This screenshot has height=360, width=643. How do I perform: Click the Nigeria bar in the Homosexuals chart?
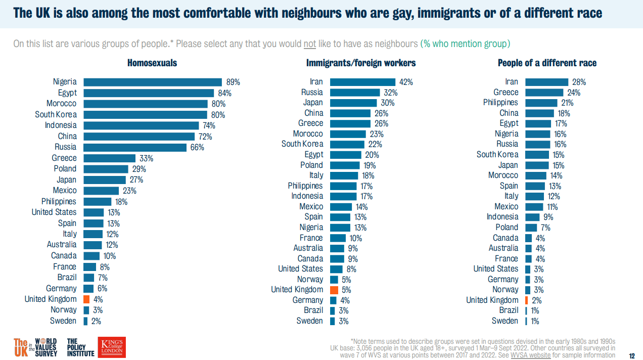152,82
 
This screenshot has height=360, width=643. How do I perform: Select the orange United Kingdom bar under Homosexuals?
86,299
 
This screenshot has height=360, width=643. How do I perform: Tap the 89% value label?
233,82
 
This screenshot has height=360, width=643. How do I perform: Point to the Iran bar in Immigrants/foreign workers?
362,82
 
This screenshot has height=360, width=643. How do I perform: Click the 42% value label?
406,82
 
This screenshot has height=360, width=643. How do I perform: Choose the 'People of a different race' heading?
547,63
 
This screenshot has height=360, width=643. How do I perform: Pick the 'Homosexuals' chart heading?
152,63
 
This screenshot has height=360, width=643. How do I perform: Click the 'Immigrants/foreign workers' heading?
361,63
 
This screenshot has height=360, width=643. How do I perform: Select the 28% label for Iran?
579,82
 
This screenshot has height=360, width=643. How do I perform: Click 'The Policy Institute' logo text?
80,347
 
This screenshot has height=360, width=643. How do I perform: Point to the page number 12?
631,355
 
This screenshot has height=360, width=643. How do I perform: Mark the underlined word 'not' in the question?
309,43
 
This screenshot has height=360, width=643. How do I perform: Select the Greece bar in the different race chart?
544,93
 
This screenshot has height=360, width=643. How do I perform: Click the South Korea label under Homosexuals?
56,114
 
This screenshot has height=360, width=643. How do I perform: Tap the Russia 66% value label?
197,147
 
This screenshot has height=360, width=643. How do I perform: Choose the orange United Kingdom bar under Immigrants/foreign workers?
334,290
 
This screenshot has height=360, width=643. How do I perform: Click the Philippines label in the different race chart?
500,103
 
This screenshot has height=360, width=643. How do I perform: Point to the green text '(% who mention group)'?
465,43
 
